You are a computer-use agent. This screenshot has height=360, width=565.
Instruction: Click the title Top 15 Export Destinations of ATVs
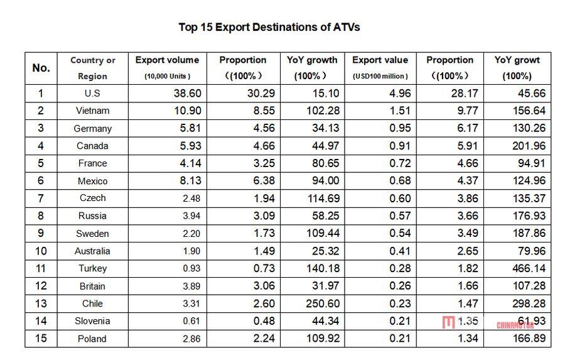point(269,27)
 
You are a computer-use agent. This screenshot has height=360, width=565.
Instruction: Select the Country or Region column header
point(93,68)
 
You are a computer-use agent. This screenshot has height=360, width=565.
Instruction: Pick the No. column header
point(41,68)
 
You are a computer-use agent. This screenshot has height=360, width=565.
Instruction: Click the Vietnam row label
point(92,111)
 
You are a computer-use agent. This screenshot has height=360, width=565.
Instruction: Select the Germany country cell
point(92,128)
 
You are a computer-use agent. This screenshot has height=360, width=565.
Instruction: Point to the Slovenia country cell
point(92,321)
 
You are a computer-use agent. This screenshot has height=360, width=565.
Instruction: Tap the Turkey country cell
point(92,268)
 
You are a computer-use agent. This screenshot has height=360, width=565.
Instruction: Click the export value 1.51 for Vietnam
point(401,111)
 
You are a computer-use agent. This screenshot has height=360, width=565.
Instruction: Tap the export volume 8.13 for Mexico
point(190,181)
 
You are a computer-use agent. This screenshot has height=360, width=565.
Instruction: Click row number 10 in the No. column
point(41,251)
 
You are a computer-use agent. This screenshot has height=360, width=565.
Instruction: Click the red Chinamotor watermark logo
point(448,323)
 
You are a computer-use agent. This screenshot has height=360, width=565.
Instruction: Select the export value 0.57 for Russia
point(401,215)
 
